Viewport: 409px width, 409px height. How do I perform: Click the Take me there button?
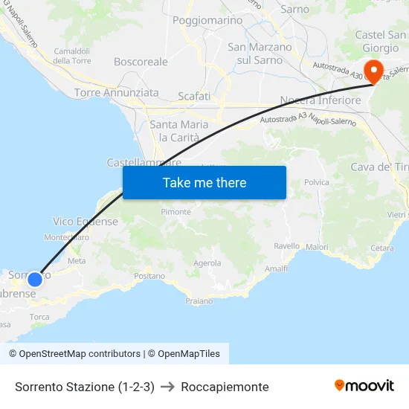pos(204,182)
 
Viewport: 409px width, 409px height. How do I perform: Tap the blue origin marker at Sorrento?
pos(34,280)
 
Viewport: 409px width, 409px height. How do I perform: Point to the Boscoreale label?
pos(141,62)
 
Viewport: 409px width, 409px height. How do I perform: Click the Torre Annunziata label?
pos(116,93)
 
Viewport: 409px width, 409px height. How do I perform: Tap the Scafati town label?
pos(194,96)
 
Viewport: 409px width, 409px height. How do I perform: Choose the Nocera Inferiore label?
pos(321,100)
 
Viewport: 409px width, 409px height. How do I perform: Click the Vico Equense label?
pos(86,222)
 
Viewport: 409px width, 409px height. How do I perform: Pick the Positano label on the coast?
pos(149,276)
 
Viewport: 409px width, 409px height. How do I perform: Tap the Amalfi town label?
pos(276,268)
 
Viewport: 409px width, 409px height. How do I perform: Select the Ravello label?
pos(287,246)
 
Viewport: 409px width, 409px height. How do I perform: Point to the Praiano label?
pos(199,301)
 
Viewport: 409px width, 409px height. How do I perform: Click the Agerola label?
pos(207,263)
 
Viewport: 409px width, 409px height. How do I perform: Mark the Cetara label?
pos(381,248)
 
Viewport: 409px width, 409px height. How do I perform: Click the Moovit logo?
pos(364,385)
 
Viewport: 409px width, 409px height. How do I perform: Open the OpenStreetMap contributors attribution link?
pos(74,354)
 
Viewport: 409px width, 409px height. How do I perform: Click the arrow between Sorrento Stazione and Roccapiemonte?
pos(167,387)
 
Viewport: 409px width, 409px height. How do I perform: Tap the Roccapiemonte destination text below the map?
pos(225,387)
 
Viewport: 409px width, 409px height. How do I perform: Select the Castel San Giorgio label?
pos(381,42)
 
